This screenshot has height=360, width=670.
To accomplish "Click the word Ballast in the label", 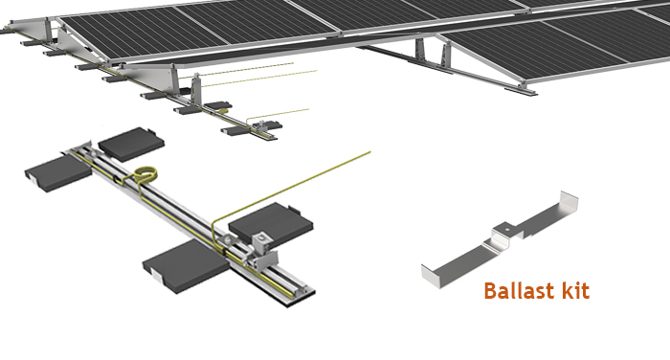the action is coord(524,290).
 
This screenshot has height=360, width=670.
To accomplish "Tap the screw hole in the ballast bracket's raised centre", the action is coord(502,230).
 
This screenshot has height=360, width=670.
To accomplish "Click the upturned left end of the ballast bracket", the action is coord(428,271).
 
